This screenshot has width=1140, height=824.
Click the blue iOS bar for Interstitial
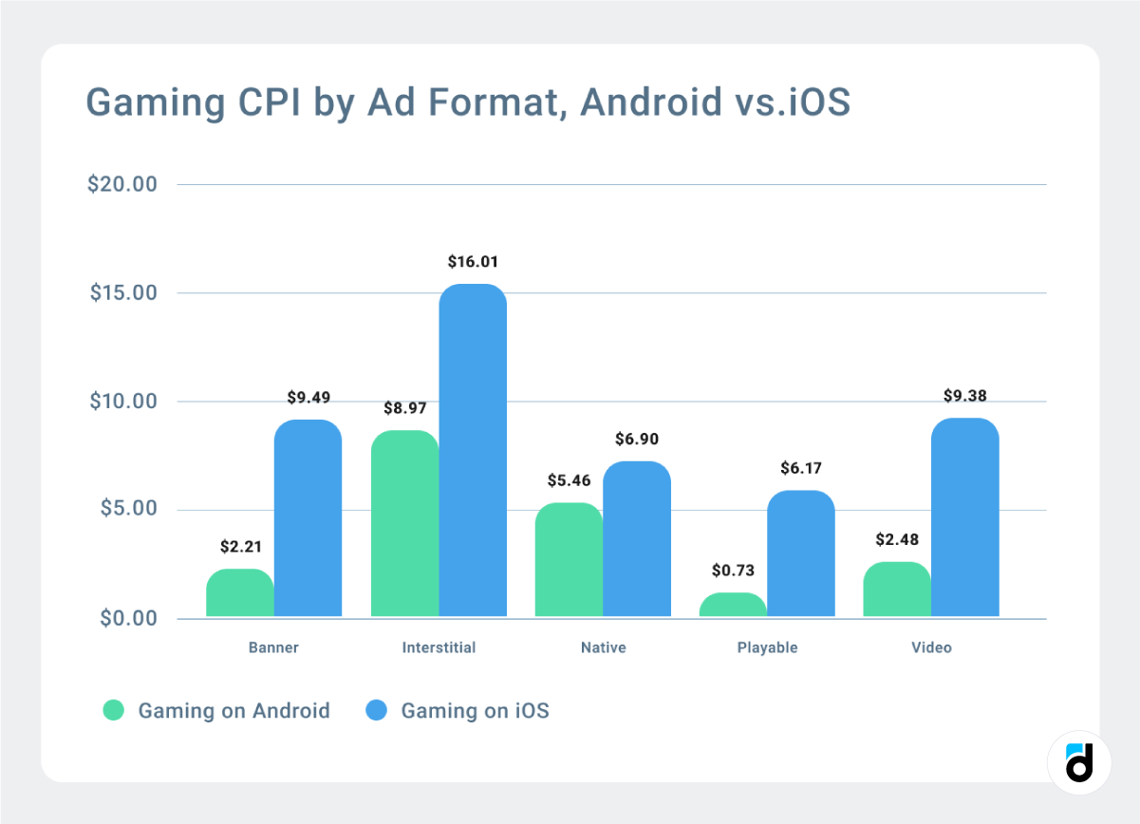pyautogui.click(x=473, y=451)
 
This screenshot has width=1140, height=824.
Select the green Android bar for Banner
pyautogui.click(x=239, y=593)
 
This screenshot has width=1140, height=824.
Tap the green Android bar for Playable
pyautogui.click(x=733, y=605)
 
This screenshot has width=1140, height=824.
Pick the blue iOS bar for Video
pyautogui.click(x=964, y=517)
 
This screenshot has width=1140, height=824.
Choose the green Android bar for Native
pyautogui.click(x=569, y=560)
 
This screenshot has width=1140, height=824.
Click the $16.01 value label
pyautogui.click(x=473, y=261)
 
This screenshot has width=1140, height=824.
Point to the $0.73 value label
pyautogui.click(x=733, y=571)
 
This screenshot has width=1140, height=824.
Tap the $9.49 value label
pyautogui.click(x=308, y=397)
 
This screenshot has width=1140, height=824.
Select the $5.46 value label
pyautogui.click(x=569, y=480)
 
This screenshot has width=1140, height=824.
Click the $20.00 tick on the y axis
pyautogui.click(x=121, y=184)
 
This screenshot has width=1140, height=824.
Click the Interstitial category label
pyautogui.click(x=439, y=648)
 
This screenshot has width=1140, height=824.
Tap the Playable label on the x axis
pyautogui.click(x=767, y=648)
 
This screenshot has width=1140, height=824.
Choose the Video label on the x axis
pyautogui.click(x=931, y=648)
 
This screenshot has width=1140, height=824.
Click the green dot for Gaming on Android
pyautogui.click(x=114, y=710)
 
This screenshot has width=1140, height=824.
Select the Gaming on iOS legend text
pyautogui.click(x=475, y=710)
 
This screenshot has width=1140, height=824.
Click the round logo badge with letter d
pyautogui.click(x=1079, y=762)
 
